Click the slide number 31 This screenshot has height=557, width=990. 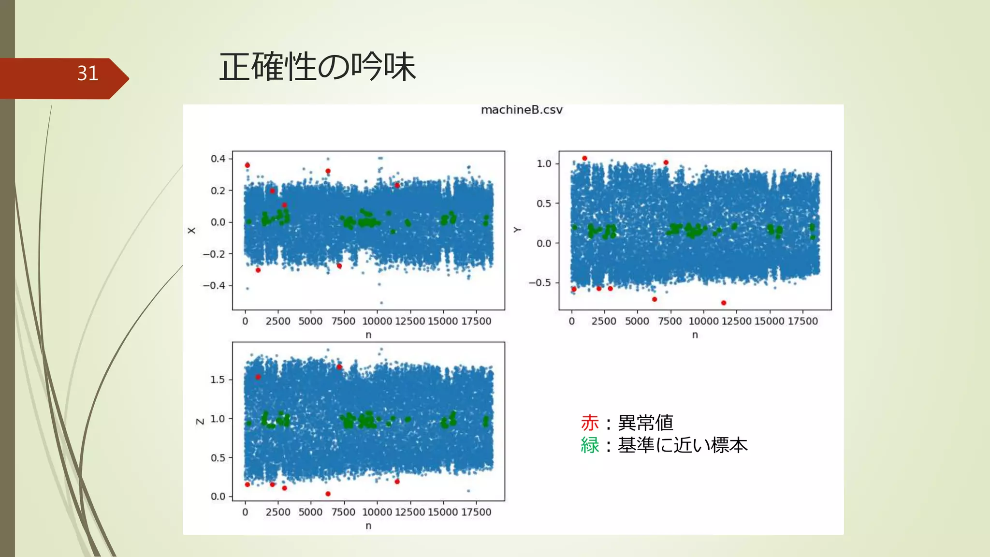87,73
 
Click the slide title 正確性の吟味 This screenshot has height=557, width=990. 317,67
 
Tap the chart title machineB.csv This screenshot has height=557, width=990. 522,110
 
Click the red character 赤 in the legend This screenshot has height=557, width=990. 590,423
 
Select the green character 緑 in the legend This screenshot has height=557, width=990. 590,445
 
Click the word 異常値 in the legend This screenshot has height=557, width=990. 645,423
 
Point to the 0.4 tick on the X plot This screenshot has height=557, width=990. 218,159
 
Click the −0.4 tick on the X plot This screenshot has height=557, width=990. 214,285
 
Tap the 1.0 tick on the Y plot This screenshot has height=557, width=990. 544,164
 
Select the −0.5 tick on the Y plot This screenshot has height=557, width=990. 540,282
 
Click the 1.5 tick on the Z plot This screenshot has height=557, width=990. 218,380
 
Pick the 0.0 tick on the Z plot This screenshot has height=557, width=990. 218,497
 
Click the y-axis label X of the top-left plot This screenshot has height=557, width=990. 192,231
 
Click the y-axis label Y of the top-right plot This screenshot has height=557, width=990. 517,230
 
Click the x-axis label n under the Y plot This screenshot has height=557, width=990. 695,335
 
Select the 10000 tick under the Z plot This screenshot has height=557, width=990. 377,512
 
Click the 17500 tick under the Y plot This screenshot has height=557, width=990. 802,321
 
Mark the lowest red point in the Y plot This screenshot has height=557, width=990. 724,303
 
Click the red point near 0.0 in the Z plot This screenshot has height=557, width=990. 328,494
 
